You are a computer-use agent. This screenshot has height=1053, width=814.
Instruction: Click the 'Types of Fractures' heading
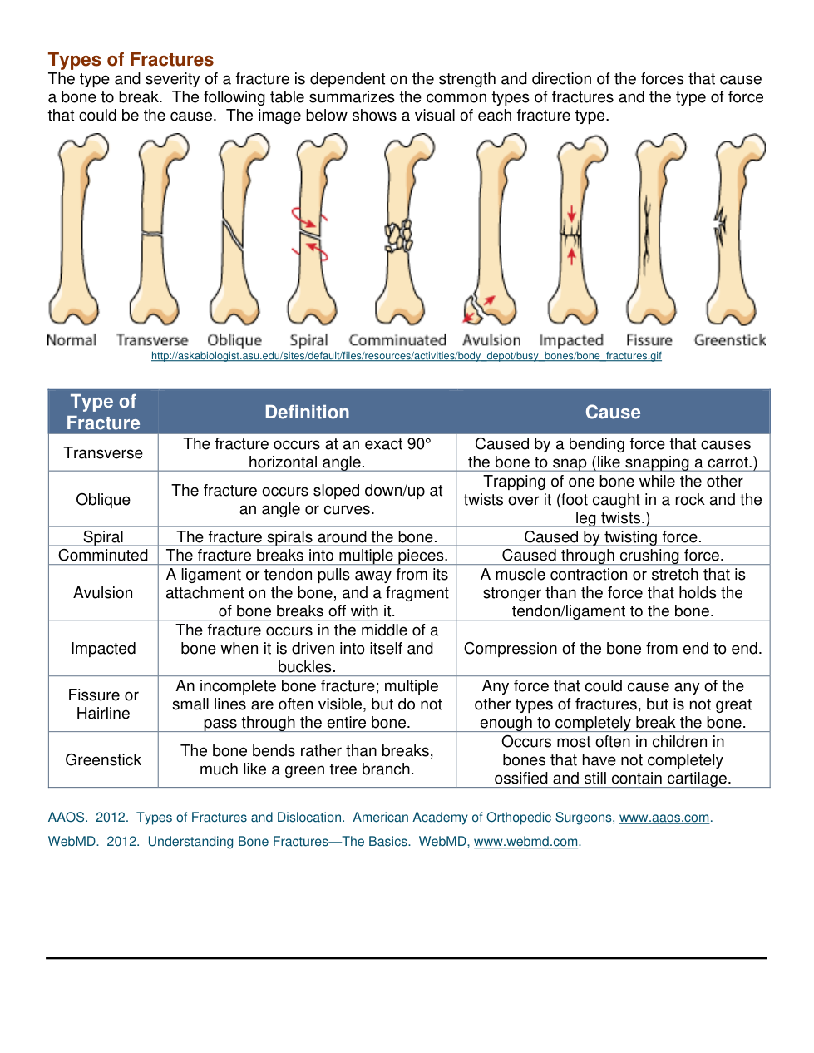[x=131, y=60]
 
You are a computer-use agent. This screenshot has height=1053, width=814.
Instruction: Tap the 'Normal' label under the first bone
[x=72, y=340]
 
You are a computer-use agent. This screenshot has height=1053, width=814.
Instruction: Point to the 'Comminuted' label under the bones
[x=397, y=340]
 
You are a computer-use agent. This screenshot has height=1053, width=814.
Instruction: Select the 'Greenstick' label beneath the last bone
[x=729, y=340]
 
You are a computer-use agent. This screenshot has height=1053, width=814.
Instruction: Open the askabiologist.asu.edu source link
[x=406, y=356]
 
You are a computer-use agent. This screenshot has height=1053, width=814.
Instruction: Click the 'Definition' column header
[x=307, y=413]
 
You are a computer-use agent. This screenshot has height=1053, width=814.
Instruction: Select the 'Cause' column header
[x=613, y=413]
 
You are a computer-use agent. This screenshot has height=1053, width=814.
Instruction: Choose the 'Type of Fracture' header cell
[x=103, y=413]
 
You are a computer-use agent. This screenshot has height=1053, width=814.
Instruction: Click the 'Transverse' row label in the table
[x=103, y=453]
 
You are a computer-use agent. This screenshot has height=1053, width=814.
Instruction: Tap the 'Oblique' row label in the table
[x=103, y=500]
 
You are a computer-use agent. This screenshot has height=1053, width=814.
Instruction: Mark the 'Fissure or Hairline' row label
[x=103, y=704]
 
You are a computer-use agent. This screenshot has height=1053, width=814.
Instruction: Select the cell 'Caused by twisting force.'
[x=613, y=537]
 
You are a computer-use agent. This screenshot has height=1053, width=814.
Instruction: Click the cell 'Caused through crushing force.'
[x=613, y=556]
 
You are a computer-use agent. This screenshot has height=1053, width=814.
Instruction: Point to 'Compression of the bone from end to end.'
[x=613, y=649]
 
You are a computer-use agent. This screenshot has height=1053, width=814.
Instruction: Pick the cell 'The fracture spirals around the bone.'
[x=307, y=537]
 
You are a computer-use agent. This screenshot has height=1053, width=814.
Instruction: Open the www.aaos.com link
[x=664, y=818]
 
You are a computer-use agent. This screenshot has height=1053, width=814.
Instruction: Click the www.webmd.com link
[x=525, y=842]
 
